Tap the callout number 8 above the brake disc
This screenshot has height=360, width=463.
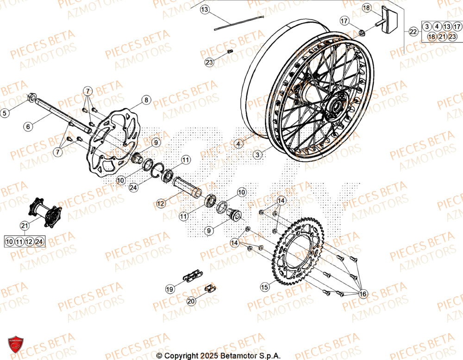coord(146,99)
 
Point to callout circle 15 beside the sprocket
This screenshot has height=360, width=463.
coord(264,287)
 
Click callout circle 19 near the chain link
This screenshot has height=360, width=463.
coord(169,289)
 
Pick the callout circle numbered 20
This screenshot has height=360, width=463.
coord(191,300)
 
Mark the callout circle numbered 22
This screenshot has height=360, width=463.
coord(413,31)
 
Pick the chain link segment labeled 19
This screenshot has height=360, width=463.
coord(190,276)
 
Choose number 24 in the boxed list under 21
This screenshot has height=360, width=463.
coord(39,242)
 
